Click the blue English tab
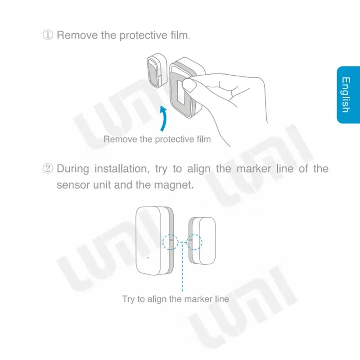tap(348, 94)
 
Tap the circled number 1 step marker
tap(48, 35)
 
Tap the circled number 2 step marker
tap(48, 169)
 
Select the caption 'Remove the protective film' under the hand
tap(157, 139)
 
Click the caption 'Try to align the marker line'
tap(175, 299)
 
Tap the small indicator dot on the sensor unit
tap(148, 258)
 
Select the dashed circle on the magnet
tap(195, 242)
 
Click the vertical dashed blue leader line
tap(183, 270)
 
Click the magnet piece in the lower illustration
tap(202, 242)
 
